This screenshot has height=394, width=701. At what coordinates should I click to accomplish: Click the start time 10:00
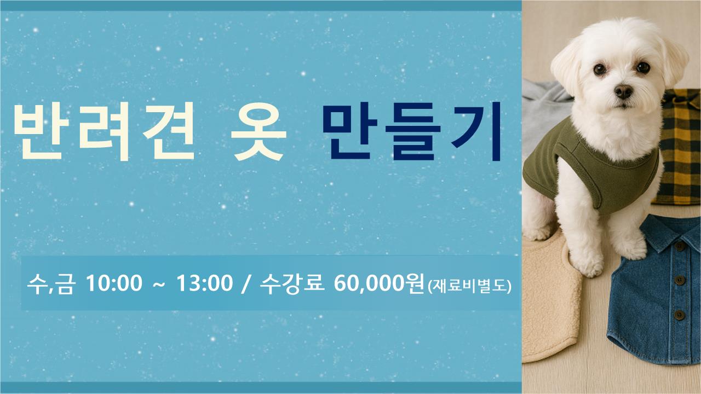(114, 283)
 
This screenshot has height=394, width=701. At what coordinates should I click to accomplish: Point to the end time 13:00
(205, 283)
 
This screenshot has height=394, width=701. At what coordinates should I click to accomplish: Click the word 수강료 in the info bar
(292, 283)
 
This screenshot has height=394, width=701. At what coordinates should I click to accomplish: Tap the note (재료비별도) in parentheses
(469, 286)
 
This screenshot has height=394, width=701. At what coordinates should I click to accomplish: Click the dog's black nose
(623, 91)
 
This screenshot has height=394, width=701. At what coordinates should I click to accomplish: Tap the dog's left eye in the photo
(600, 69)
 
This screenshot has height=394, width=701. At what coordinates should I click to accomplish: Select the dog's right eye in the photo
(643, 67)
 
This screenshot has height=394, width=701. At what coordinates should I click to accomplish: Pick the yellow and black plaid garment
(679, 147)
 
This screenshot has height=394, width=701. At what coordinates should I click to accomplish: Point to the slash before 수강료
(246, 284)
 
